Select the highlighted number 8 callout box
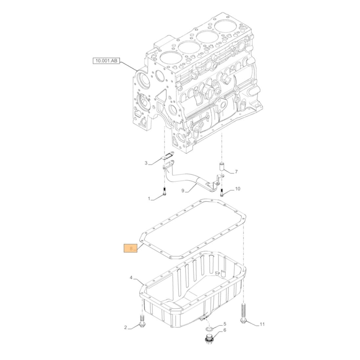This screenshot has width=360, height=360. pos(131,248)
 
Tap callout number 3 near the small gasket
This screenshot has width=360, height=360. pos(146,163)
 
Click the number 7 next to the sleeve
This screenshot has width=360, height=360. pos(236,172)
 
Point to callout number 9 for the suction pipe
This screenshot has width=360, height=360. pos(183,191)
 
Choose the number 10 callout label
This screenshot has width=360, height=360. pos(237,189)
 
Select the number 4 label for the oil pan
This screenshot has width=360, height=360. pos(131,278)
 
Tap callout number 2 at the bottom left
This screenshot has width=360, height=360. pos(126,327)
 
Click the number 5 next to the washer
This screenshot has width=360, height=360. pos(225,324)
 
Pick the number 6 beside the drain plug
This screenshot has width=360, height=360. pos(225,330)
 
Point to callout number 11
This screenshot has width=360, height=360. pos(262,324)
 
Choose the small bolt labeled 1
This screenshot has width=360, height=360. pos(164,192)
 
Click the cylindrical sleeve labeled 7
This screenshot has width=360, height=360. pos(222,167)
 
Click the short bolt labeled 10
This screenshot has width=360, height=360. pos(222,192)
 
